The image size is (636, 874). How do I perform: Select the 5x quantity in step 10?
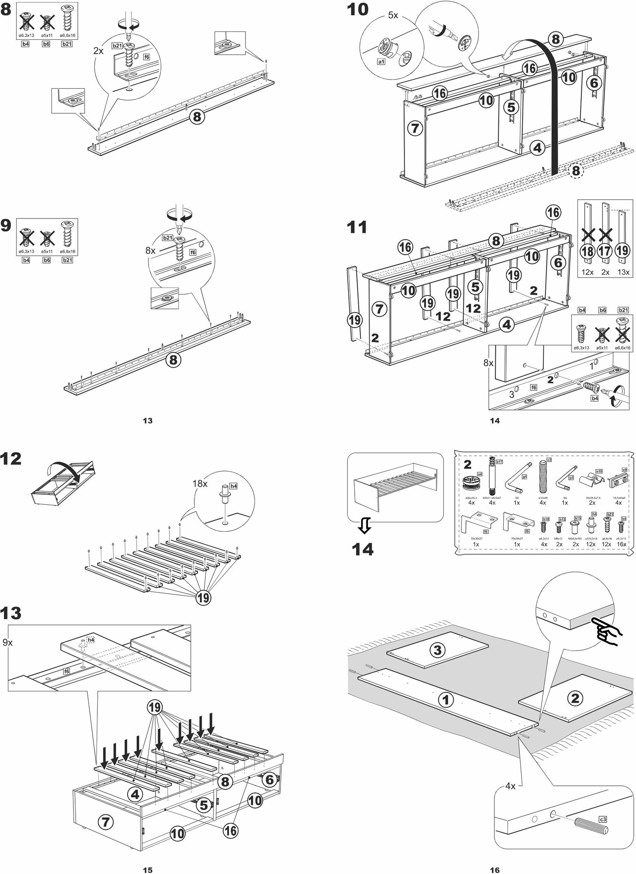pyautogui.click(x=393, y=15)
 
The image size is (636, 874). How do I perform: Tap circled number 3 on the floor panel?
pyautogui.click(x=437, y=650)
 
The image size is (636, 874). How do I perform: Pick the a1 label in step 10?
pyautogui.click(x=381, y=62)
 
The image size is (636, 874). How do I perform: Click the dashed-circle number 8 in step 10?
pyautogui.click(x=576, y=171)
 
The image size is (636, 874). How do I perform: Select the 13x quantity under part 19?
pyautogui.click(x=623, y=272)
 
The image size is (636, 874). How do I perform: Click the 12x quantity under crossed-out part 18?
pyautogui.click(x=588, y=272)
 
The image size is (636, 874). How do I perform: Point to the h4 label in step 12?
pyautogui.click(x=233, y=486)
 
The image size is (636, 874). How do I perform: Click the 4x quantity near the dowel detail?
pyautogui.click(x=510, y=786)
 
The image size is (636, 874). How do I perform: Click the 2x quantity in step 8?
pyautogui.click(x=99, y=51)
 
